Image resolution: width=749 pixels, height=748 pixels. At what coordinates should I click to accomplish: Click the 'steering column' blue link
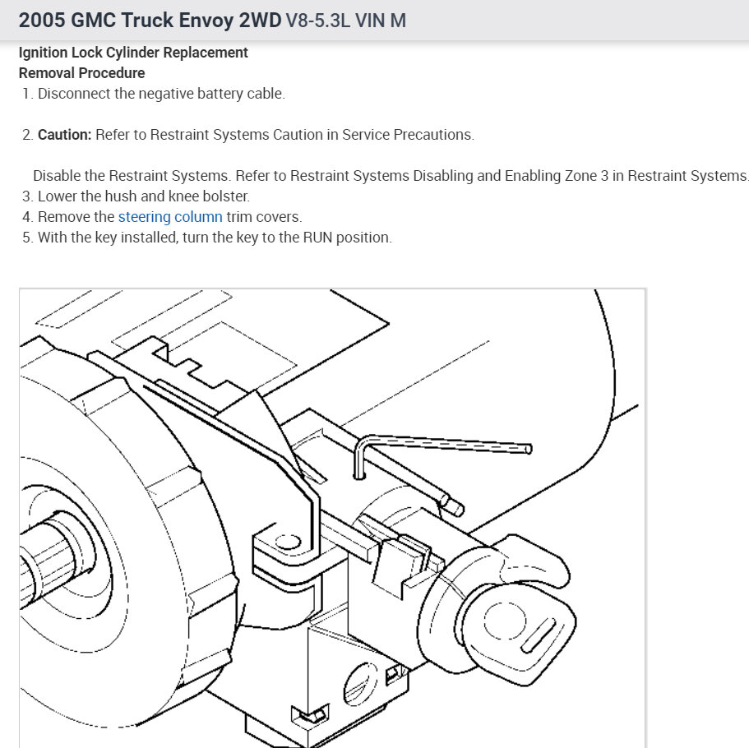coord(170,217)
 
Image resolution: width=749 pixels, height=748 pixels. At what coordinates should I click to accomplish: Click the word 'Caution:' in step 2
coord(64,135)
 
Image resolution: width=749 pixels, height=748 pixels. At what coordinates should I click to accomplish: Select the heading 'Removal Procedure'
coord(81,73)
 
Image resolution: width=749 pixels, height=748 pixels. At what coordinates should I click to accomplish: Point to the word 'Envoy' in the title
coord(205,20)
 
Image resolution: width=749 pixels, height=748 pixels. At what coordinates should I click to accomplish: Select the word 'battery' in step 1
coord(220,94)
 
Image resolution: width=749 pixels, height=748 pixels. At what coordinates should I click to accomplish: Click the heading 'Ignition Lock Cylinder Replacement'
coord(133,53)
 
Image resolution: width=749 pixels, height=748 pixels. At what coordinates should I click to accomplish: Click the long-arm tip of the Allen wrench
coord(527,449)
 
